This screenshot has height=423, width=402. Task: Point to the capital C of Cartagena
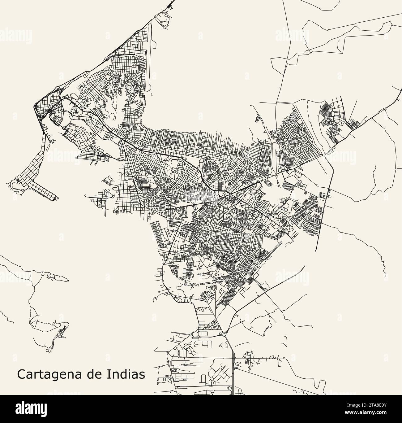click(21, 374)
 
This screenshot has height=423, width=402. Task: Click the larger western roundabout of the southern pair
click(195, 334)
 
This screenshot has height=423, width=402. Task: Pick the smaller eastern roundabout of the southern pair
click(224, 334)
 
